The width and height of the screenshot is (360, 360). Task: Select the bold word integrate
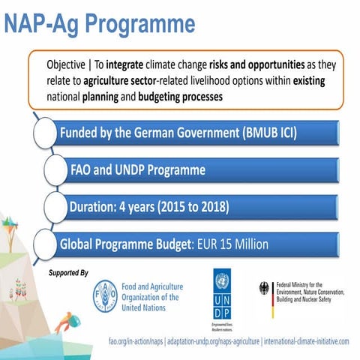131,65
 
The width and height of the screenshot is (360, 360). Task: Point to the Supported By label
67,271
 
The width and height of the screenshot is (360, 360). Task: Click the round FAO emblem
106,295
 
